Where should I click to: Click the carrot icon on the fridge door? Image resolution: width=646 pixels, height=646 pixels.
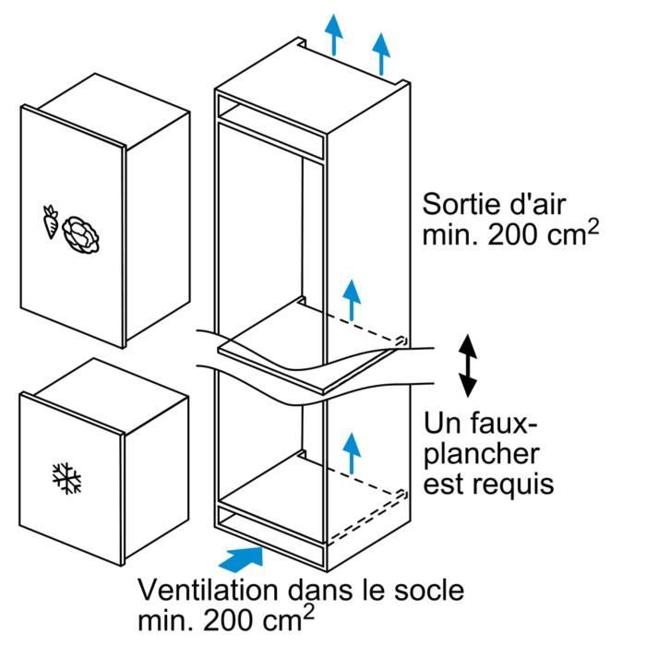(x=50, y=222)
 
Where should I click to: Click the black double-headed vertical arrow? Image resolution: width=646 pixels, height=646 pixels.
(x=469, y=365)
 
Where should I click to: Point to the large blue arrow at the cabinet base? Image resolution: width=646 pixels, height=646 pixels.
(x=243, y=557)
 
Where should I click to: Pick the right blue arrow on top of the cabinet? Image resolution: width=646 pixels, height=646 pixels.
(x=379, y=53)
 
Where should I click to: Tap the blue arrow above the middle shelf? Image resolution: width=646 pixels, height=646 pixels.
(x=350, y=297)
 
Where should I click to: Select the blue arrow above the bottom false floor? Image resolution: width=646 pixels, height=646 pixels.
(x=350, y=452)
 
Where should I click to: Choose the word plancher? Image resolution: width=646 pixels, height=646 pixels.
(x=482, y=453)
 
